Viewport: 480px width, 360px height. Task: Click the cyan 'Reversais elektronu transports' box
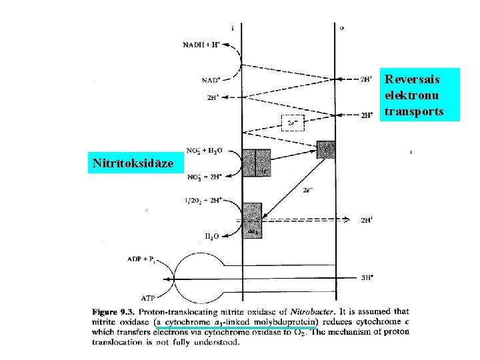(420, 95)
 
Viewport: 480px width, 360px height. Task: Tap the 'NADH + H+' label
(201, 45)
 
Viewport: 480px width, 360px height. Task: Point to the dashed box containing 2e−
(292, 122)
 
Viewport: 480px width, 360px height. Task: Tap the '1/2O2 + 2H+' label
(203, 200)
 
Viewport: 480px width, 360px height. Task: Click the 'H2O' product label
(213, 235)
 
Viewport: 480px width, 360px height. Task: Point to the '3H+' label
(367, 277)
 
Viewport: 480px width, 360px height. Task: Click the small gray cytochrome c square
(325, 149)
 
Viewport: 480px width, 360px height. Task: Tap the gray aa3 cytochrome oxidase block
(252, 219)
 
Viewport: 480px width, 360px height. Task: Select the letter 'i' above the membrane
(232, 28)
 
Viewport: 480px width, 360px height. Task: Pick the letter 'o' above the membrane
(342, 28)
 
